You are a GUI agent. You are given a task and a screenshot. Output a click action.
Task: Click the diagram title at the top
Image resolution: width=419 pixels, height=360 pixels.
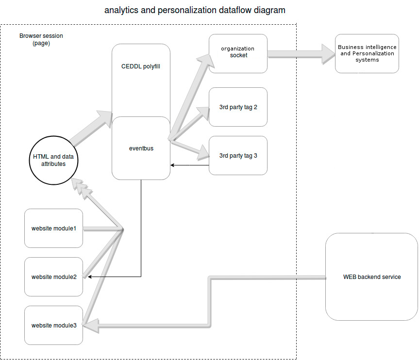(195, 10)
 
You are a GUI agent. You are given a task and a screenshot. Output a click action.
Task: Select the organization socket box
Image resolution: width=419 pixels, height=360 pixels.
(237, 53)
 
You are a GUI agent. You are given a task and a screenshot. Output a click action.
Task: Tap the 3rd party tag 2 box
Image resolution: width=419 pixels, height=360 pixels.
(238, 107)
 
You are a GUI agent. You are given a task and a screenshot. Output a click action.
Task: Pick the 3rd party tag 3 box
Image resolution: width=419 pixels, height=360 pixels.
(238, 156)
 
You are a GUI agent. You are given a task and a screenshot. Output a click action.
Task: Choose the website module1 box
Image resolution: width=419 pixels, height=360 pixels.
(53, 228)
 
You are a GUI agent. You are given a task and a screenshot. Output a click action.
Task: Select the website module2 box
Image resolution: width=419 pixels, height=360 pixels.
(53, 277)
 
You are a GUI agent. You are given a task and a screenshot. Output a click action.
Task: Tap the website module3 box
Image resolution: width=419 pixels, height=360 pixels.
(53, 325)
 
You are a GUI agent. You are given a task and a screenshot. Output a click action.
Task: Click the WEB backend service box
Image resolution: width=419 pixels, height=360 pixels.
(372, 277)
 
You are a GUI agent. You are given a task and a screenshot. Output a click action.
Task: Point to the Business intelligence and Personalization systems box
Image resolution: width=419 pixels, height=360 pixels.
(367, 53)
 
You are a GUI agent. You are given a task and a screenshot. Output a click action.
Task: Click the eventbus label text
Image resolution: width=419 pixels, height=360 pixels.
(141, 148)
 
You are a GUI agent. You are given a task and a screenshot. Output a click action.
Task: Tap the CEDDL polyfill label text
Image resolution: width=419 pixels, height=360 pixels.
(141, 66)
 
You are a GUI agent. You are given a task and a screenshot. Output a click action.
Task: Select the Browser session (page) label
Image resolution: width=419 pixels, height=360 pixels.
(41, 39)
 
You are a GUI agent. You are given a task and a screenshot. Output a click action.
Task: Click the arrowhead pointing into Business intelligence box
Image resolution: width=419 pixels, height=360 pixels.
(328, 53)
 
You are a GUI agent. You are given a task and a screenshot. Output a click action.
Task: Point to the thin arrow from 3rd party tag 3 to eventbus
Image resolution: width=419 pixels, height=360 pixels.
(189, 165)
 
